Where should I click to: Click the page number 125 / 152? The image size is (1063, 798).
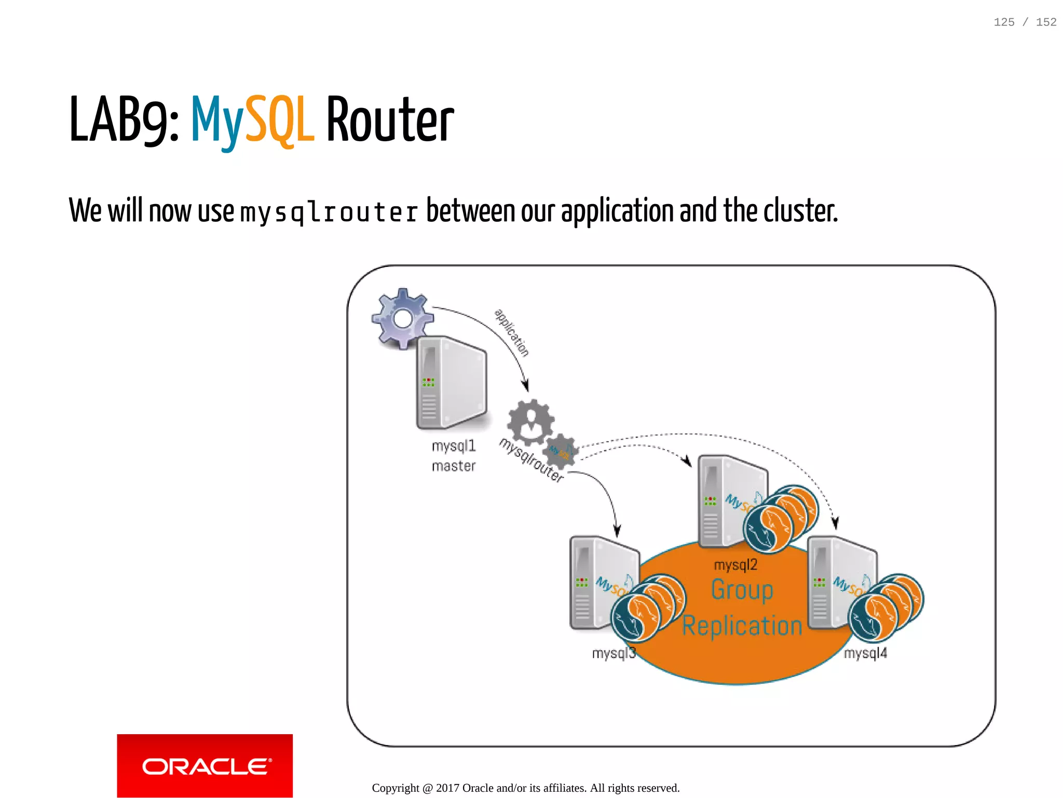[1025, 22]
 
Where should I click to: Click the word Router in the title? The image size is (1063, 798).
[390, 120]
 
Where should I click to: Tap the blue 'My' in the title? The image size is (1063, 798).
[217, 120]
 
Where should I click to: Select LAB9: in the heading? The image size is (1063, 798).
[124, 120]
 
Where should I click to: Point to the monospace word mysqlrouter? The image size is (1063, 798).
[329, 212]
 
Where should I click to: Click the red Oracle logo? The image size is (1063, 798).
[205, 765]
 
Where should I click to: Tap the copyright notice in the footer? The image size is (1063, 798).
[525, 788]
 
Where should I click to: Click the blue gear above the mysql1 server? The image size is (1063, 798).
[402, 318]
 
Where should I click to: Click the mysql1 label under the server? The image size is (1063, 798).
[453, 446]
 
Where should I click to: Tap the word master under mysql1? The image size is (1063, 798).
[453, 466]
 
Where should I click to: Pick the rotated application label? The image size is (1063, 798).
[512, 333]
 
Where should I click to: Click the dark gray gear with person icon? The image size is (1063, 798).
[530, 422]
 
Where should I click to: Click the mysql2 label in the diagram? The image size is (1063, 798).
[735, 565]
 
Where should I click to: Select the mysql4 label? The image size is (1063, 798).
[865, 653]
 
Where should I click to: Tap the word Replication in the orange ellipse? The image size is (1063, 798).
[742, 626]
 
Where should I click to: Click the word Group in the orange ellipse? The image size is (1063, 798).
[742, 590]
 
